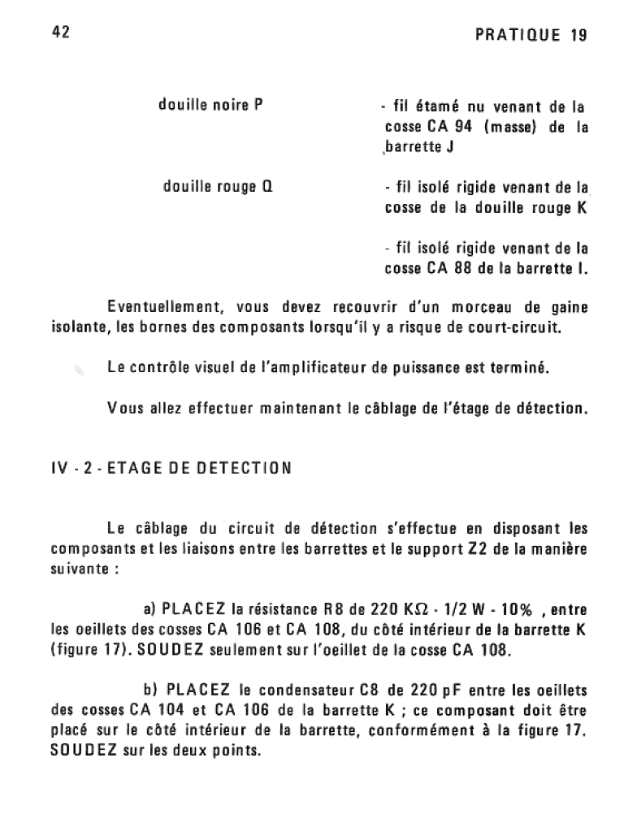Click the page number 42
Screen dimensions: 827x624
(x=60, y=32)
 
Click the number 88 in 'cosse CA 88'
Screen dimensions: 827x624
(x=463, y=269)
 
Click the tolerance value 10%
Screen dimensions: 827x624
(x=513, y=608)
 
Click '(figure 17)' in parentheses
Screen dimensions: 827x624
(x=89, y=649)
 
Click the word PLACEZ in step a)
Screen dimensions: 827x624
(x=194, y=608)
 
